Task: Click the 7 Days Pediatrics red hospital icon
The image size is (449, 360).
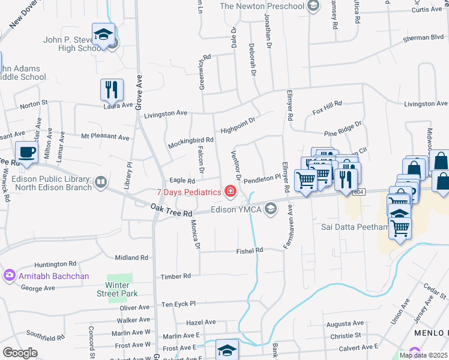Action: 229,192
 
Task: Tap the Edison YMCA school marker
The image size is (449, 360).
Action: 271,208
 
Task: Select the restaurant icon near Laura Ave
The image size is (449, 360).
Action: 112,90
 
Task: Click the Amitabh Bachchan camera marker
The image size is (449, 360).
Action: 9,276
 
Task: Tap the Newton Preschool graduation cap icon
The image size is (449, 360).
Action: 313,6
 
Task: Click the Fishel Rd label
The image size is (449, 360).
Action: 250,250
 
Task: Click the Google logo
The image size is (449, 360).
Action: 20,353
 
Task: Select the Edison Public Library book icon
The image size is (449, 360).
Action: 100,181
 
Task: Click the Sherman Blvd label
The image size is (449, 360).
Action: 423,37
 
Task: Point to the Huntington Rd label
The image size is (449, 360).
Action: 55,263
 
